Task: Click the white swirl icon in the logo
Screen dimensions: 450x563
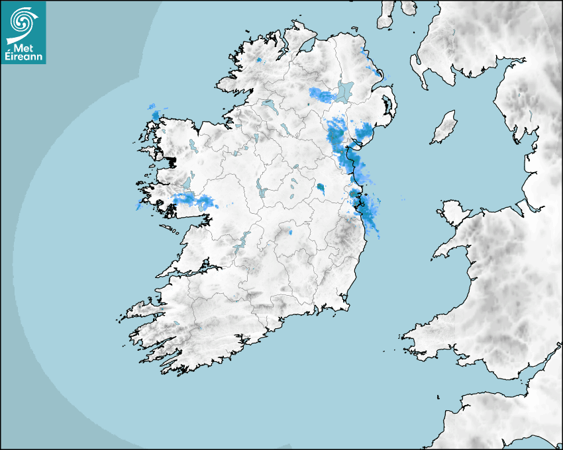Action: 23,22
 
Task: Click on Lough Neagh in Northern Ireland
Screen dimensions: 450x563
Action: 345,91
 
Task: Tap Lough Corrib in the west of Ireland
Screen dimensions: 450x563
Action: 186,183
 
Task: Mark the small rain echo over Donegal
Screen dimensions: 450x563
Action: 258,60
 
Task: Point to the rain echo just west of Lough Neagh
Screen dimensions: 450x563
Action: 323,95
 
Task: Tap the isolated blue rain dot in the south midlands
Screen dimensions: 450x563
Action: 290,233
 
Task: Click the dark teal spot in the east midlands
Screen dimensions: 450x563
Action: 321,187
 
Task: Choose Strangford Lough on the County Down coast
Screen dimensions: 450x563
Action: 385,105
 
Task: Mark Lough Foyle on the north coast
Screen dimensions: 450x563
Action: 306,46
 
